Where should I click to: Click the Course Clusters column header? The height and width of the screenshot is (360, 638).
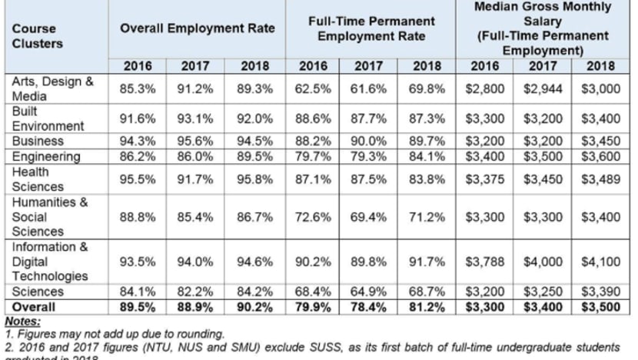(x=35, y=36)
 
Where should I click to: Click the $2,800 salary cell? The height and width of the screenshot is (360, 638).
(x=486, y=88)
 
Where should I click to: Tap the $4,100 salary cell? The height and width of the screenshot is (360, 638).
(x=600, y=262)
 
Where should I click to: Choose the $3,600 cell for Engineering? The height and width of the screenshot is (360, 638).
(x=600, y=155)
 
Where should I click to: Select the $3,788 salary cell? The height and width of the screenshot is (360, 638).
(x=486, y=262)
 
